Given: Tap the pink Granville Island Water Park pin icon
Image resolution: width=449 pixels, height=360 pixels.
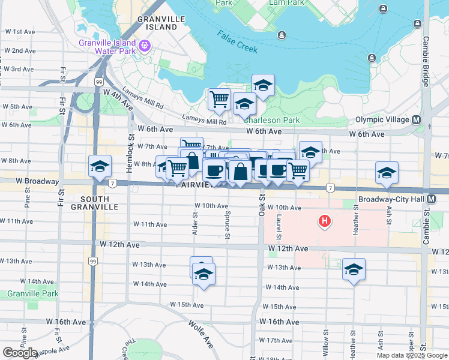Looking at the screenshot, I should pyautogui.click(x=145, y=46).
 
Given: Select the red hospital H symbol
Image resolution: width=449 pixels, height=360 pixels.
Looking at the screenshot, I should pyautogui.click(x=325, y=222).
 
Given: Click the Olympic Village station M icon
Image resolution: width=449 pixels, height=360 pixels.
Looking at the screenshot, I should pyautogui.click(x=416, y=119).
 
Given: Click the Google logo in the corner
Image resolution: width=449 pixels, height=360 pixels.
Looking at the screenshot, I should pyautogui.click(x=20, y=353).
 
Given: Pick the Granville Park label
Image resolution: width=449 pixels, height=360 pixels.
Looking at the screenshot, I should pyautogui.click(x=33, y=294).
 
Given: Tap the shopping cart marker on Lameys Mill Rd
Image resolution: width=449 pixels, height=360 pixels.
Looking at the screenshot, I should pyautogui.click(x=219, y=99).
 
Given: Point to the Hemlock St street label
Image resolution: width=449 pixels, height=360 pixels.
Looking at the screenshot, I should pyautogui.click(x=130, y=154).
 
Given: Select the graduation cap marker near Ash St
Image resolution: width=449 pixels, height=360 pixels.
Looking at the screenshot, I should pyautogui.click(x=387, y=173).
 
